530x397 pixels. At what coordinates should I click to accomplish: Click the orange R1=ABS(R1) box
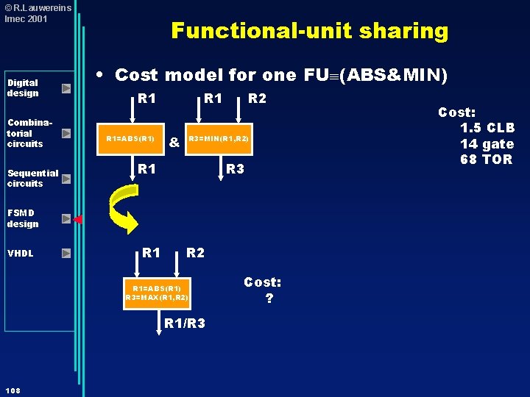tap(130, 139)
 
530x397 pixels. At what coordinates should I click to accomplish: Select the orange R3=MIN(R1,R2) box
tap(219, 139)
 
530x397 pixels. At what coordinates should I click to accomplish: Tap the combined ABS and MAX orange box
tap(157, 293)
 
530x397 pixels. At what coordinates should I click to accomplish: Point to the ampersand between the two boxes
tap(174, 142)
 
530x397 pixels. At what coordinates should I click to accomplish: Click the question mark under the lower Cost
tap(269, 298)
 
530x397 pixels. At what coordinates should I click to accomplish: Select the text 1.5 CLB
tap(487, 128)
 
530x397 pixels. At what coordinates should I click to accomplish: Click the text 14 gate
tap(487, 144)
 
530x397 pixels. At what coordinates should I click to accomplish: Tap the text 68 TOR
tap(486, 159)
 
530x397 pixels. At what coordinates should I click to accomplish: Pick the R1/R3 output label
tap(185, 323)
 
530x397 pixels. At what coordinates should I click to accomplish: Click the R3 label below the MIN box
tap(235, 168)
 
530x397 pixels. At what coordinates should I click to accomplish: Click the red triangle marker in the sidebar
tap(78, 219)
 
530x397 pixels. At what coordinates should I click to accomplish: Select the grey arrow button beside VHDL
tap(66, 253)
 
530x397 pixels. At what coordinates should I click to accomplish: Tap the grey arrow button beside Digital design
tap(66, 88)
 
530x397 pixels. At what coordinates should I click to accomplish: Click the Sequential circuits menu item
tap(33, 178)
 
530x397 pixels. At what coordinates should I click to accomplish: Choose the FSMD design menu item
tap(23, 218)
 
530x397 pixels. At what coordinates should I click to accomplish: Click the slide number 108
tap(13, 390)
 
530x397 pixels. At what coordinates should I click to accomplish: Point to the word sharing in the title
tap(403, 32)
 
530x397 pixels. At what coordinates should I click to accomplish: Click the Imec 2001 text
tap(26, 19)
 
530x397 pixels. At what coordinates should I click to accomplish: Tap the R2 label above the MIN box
tap(257, 99)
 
